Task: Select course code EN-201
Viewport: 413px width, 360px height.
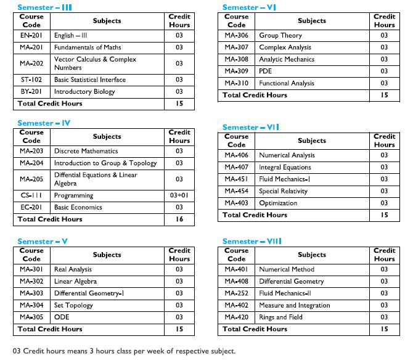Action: (31, 36)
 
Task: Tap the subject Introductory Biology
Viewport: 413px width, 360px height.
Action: (84, 92)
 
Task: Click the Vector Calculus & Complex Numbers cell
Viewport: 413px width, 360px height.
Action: (95, 63)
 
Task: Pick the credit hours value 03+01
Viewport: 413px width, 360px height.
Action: (179, 195)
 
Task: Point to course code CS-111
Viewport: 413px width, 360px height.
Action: (31, 195)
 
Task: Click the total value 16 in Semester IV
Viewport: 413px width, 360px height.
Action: (179, 219)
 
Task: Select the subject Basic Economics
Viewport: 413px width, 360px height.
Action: (78, 207)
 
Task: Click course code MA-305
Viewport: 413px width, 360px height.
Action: (31, 317)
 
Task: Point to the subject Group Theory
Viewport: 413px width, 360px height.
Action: (280, 36)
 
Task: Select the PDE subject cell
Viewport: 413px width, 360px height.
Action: (266, 71)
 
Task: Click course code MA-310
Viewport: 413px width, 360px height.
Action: (237, 83)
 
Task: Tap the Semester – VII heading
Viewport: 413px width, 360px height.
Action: (251, 127)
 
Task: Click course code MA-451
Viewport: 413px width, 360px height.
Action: (237, 179)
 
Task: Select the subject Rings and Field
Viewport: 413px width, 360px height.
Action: (280, 317)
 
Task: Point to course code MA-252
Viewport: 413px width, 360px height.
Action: (237, 293)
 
